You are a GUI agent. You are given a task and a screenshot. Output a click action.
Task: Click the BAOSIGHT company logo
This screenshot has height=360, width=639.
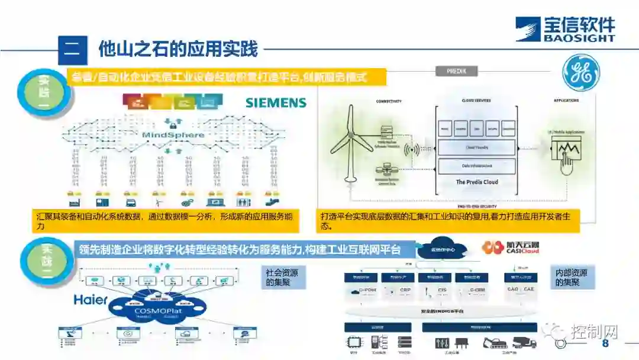[x=564, y=29]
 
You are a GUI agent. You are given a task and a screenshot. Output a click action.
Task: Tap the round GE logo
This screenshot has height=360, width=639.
[x=580, y=73]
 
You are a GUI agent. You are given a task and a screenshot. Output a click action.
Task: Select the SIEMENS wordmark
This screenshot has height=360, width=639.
[x=276, y=103]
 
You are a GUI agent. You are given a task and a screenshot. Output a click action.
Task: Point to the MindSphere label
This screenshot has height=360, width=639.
[x=173, y=135]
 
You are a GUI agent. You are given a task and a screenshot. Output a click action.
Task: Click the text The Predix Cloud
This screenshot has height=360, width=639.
[x=476, y=182]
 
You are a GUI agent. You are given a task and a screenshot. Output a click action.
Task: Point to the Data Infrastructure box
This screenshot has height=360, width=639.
[x=476, y=165]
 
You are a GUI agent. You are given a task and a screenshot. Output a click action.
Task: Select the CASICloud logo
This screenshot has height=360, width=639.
[x=511, y=247]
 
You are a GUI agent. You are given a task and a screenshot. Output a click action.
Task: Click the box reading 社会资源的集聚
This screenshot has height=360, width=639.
[x=282, y=278]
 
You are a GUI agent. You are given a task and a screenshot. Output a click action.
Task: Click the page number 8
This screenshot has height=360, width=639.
[x=605, y=344]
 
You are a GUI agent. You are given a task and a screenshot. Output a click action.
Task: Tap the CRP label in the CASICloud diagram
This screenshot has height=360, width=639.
[x=405, y=290]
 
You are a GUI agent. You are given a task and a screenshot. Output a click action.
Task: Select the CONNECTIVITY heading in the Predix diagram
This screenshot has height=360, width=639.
[x=389, y=101]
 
